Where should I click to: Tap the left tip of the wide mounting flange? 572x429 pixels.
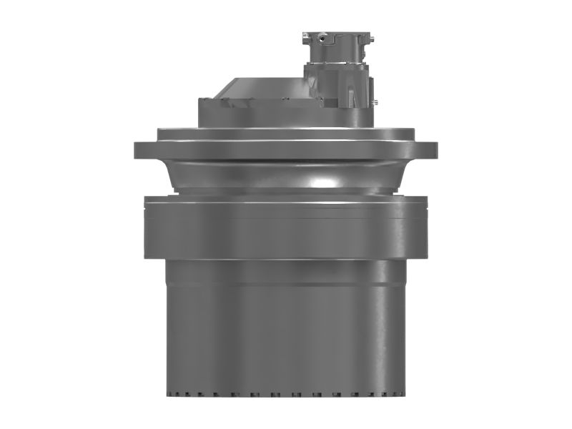[x=137, y=150]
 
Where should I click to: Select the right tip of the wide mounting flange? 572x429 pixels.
[x=435, y=150]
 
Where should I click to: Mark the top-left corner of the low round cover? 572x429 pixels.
[x=201, y=100]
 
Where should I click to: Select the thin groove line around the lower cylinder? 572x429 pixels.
[x=286, y=285]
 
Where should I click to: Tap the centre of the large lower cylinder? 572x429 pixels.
[x=286, y=336]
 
